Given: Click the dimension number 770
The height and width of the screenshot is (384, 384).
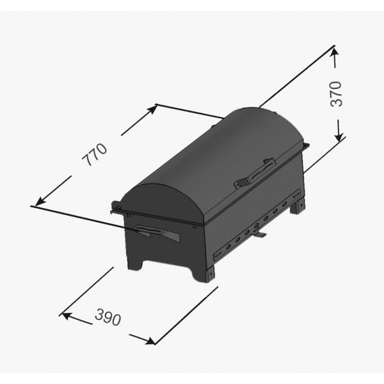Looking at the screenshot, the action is click(95, 155).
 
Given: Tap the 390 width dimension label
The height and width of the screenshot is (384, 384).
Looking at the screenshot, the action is click(108, 317).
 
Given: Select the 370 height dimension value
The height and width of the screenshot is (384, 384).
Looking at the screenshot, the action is click(336, 94).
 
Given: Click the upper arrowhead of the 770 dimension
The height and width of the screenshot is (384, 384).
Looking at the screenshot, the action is click(151, 109).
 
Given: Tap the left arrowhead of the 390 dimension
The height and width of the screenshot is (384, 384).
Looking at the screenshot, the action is click(67, 316).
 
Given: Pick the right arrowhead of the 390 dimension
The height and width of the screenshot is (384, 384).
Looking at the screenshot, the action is click(149, 340).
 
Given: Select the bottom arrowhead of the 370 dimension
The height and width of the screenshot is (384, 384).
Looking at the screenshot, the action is click(339, 136).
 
